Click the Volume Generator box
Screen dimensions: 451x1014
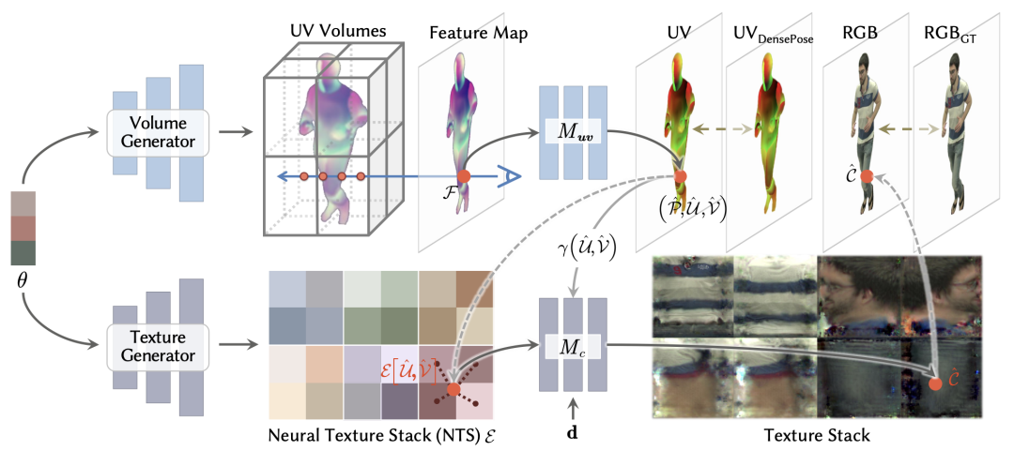[x=158, y=131]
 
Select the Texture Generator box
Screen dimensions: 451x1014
[x=158, y=344]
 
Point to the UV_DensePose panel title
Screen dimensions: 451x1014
[x=773, y=33]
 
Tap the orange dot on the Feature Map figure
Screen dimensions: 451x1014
[x=464, y=175]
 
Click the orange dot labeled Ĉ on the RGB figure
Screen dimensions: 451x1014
[x=867, y=176]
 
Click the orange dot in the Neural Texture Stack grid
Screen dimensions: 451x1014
[x=453, y=388]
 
